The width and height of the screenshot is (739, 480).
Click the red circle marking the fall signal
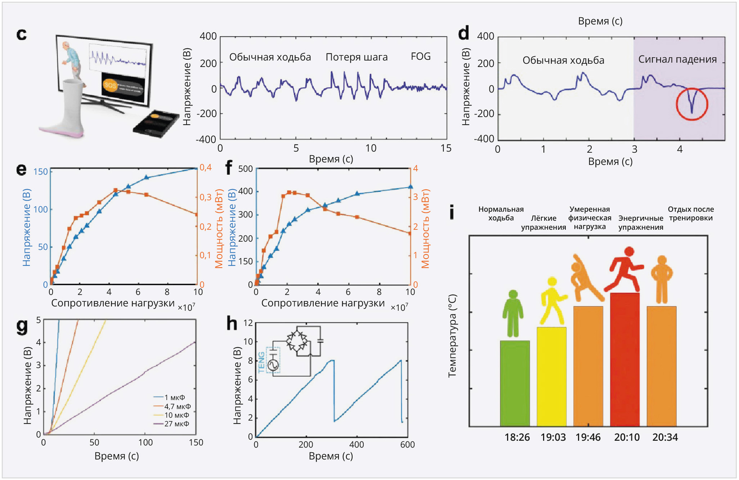[x=691, y=104]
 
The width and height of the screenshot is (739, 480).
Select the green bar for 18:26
[x=515, y=383]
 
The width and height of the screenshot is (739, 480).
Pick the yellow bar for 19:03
[x=551, y=376]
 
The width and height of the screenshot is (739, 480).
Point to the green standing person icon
[x=513, y=313]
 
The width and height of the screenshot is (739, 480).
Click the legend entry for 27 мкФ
[x=172, y=424]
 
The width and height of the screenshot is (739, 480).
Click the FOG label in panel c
[x=421, y=57]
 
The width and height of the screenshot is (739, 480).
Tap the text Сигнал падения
[x=677, y=59]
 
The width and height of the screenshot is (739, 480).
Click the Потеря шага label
[x=357, y=57]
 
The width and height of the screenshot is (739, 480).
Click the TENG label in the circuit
[x=261, y=362]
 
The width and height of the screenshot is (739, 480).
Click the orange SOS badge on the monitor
[x=110, y=85]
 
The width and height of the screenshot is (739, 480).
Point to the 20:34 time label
[x=665, y=437]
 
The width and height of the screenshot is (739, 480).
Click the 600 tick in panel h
[x=407, y=445]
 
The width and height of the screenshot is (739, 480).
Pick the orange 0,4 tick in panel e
[x=206, y=167]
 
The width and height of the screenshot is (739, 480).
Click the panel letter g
[x=22, y=326]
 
